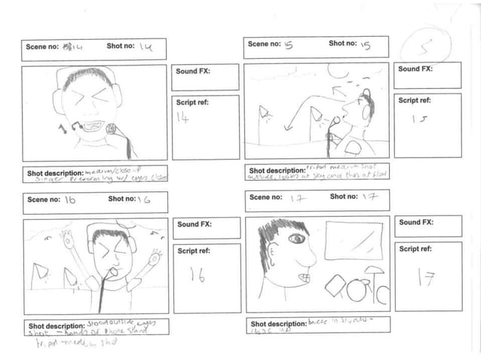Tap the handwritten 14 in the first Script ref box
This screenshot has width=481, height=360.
pyautogui.click(x=182, y=117)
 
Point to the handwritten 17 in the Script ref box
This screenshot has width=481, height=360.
pyautogui.click(x=427, y=278)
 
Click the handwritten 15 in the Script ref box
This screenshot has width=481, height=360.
pyautogui.click(x=418, y=119)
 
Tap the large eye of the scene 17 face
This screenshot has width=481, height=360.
pyautogui.click(x=296, y=239)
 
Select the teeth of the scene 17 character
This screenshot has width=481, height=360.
pyautogui.click(x=303, y=278)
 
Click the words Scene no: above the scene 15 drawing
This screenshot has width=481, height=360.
pyautogui.click(x=265, y=44)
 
